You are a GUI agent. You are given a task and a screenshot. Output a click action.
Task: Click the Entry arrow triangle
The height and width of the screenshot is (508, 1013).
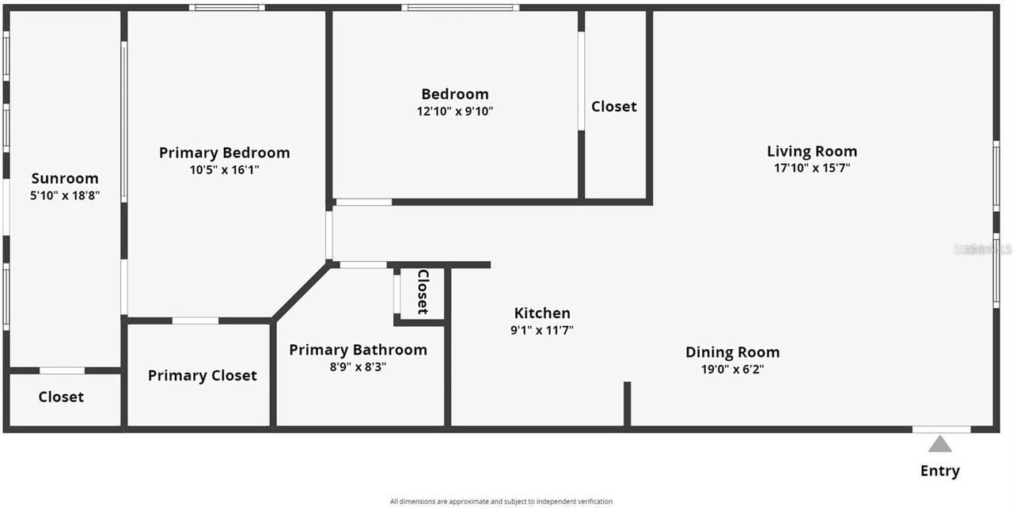[x=939, y=444]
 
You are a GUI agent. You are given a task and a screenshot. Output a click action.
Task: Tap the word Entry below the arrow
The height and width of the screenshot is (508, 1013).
[x=939, y=471]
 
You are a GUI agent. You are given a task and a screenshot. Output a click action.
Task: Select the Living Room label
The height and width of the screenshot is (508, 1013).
[x=811, y=151]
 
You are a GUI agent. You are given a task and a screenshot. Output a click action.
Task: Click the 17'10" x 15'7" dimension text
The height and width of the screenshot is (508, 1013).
[x=811, y=168]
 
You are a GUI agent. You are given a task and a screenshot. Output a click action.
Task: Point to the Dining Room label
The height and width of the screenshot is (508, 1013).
[x=732, y=352]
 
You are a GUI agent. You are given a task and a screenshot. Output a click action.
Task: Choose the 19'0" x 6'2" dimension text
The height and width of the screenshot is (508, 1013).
[x=732, y=369]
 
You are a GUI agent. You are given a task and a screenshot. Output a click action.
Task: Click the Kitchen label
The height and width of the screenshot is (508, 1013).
[x=542, y=313]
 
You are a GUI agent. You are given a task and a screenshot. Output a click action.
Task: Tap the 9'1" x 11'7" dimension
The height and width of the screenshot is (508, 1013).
[x=542, y=331]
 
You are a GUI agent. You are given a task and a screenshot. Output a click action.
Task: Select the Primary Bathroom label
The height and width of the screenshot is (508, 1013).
[x=358, y=350]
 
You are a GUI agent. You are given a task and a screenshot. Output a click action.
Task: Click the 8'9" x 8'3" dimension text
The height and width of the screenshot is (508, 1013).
[x=358, y=367]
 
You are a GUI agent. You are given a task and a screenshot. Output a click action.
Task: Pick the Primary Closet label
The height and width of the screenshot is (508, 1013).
[x=202, y=376]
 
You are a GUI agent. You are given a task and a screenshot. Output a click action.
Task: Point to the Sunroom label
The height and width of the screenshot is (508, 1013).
[x=65, y=178]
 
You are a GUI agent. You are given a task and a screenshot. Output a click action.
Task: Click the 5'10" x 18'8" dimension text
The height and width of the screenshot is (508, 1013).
[x=65, y=195]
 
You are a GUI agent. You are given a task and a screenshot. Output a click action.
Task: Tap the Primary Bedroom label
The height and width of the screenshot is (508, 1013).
[x=224, y=153]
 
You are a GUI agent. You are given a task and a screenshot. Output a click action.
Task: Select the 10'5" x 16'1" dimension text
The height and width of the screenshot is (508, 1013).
[x=224, y=169]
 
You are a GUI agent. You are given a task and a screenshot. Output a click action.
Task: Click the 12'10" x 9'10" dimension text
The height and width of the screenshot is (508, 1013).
[x=455, y=112]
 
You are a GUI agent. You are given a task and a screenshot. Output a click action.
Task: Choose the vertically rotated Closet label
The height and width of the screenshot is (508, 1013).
[x=422, y=292]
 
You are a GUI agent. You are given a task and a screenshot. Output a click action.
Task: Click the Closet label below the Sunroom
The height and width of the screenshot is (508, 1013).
[x=61, y=396]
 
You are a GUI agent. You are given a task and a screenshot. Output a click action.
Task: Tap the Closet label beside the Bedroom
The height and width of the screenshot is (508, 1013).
[x=613, y=106]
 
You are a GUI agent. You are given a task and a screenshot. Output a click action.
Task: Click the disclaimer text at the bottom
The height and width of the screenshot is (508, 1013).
[x=501, y=501]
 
